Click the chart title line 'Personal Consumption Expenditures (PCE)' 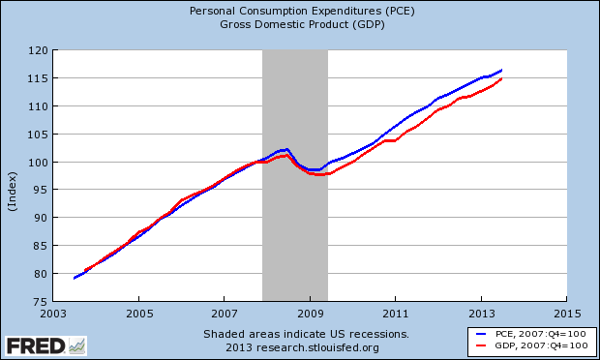299,13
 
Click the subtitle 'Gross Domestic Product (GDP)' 299,25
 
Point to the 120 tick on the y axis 38,50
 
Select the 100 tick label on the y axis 38,163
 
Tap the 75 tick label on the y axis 41,302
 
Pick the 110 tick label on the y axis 38,106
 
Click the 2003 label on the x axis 54,315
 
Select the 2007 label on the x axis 225,315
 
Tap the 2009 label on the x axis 310,315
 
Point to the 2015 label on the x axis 566,315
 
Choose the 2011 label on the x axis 395,315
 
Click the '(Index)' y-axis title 12,176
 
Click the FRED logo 45,345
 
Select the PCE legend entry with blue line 526,334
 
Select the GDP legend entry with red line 526,345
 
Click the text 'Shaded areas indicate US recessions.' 300,333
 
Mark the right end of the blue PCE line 501,70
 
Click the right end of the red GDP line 501,78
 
